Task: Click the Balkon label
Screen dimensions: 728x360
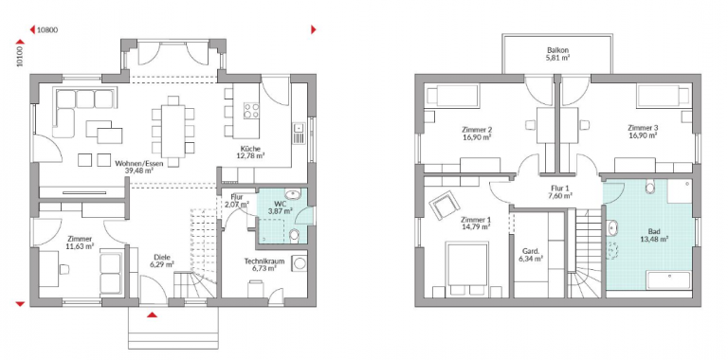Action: pyautogui.click(x=558, y=50)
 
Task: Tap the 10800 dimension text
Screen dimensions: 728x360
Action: pyautogui.click(x=47, y=30)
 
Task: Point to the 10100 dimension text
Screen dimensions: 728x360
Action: pyautogui.click(x=20, y=56)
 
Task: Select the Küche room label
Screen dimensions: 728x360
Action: pyautogui.click(x=252, y=149)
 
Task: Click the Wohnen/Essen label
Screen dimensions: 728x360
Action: pyautogui.click(x=135, y=163)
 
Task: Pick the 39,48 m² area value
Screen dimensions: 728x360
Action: pyautogui.click(x=136, y=171)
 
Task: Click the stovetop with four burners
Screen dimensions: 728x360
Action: pyautogui.click(x=251, y=111)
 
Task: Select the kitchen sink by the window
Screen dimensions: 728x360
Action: pyautogui.click(x=299, y=134)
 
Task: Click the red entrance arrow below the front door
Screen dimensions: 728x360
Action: pyautogui.click(x=152, y=315)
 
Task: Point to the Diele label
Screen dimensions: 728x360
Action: pyautogui.click(x=162, y=258)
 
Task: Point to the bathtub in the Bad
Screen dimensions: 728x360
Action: pyautogui.click(x=669, y=280)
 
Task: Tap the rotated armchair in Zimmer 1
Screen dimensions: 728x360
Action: pyautogui.click(x=445, y=205)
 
